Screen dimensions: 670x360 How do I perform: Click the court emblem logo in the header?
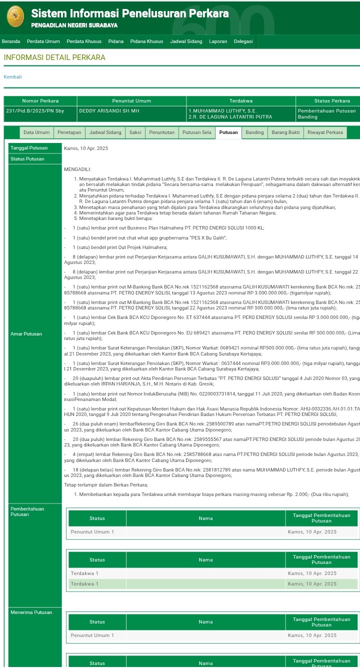(15, 16)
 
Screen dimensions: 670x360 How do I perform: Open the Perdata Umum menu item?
(43, 41)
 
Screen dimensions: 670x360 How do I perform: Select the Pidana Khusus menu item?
(146, 41)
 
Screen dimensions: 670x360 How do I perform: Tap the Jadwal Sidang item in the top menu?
(186, 41)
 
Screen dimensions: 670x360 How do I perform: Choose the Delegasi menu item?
(243, 41)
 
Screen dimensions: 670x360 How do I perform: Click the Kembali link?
(12, 77)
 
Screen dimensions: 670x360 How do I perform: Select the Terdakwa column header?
(240, 101)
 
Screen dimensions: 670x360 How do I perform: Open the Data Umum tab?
(36, 132)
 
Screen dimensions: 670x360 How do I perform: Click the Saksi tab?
(135, 132)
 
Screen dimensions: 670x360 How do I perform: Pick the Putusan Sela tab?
(196, 132)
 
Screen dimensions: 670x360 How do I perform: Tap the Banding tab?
(254, 132)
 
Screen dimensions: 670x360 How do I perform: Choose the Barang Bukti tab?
(285, 132)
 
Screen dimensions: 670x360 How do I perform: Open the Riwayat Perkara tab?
(325, 132)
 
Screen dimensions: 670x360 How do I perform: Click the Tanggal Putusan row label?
(29, 148)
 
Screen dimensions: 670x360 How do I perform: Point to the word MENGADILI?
(77, 169)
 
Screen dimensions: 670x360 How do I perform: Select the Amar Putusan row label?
(26, 334)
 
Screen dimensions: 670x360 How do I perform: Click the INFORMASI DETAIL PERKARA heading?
(54, 57)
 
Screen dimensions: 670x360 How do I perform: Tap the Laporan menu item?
(218, 41)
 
